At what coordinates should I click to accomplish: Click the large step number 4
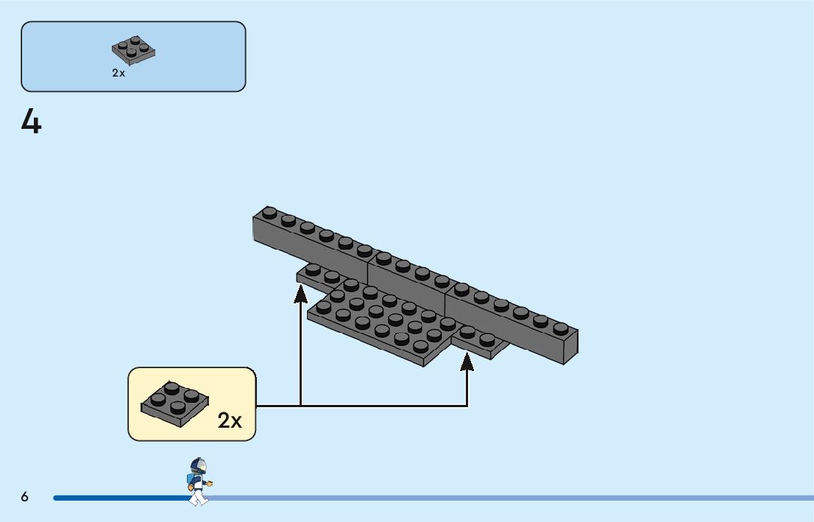[x=31, y=122]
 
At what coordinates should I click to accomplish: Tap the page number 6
[x=25, y=497]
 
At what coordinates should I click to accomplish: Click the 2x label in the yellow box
[x=230, y=420]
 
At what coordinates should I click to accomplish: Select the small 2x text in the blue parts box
[x=118, y=73]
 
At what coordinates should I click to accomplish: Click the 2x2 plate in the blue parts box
[x=133, y=50]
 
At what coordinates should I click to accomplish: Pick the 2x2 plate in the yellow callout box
[x=174, y=404]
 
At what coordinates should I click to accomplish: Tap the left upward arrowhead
[x=300, y=294]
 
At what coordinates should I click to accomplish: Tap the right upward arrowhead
[x=467, y=361]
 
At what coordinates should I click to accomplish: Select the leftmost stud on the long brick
[x=269, y=213]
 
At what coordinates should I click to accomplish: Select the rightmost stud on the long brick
[x=561, y=329]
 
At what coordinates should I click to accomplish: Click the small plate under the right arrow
[x=481, y=341]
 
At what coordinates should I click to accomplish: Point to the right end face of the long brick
[x=571, y=347]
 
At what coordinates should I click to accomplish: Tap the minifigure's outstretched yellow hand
[x=210, y=484]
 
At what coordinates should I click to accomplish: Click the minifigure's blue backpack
[x=190, y=479]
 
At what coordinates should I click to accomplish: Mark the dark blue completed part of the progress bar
[x=122, y=498]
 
